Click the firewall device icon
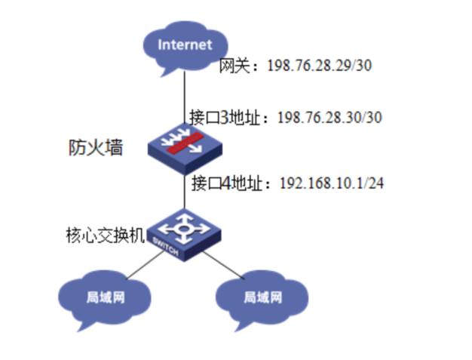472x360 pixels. [x=184, y=143]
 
